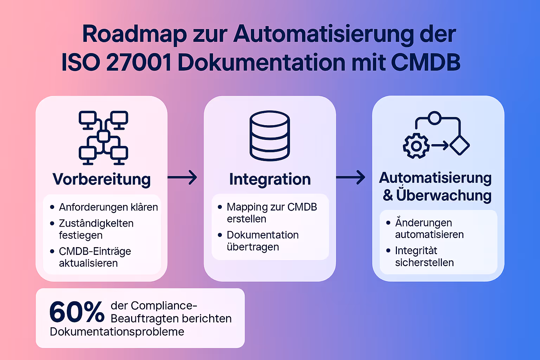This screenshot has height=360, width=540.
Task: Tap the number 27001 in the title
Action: [139, 63]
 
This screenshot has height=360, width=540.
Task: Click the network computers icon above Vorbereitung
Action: [103, 137]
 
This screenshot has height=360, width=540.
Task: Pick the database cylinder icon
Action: [270, 136]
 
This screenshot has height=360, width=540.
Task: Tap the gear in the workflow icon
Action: [416, 146]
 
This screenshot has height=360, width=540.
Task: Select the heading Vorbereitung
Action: [102, 179]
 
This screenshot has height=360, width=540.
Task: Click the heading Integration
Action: [270, 179]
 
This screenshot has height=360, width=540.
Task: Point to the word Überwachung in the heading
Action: [444, 195]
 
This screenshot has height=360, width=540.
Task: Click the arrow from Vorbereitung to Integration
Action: [182, 177]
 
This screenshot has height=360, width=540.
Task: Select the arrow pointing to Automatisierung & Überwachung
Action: [351, 177]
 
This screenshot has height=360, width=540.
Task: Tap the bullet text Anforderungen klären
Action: [108, 207]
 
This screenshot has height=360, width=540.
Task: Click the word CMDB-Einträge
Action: [95, 251]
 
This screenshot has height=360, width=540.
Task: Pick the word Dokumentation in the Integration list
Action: [263, 235]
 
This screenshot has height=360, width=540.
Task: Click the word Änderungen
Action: [423, 223]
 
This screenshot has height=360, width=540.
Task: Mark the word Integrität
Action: [416, 251]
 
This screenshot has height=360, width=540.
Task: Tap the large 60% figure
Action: [77, 312]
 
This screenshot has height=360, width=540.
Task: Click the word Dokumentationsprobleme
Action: [117, 332]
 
